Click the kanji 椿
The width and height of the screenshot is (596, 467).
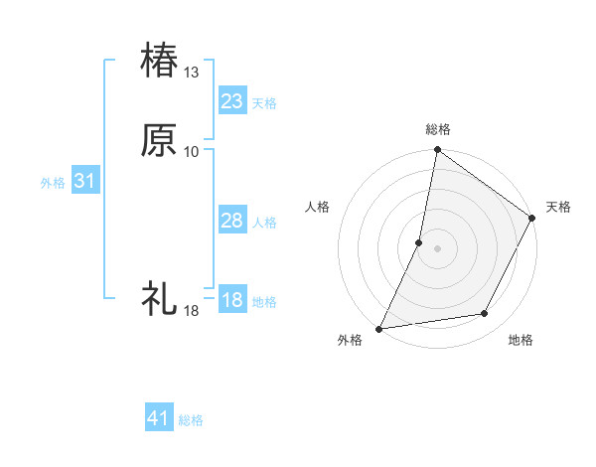pos(160,59)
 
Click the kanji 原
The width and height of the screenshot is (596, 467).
pos(160,139)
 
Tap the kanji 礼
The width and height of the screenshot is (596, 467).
pos(160,297)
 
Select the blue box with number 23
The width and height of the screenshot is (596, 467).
pos(232,100)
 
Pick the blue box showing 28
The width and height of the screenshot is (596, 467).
pos(232,221)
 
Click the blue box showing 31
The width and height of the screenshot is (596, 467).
pos(85,181)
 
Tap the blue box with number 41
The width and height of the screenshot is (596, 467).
pos(159,418)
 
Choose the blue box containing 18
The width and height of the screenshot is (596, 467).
pos(232,300)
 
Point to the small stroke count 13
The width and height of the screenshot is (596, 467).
pos(192,73)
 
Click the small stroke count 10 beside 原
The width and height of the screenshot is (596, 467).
pos(192,151)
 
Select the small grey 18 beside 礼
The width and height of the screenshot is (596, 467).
pos(192,311)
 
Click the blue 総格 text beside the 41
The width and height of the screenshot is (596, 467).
pos(191,420)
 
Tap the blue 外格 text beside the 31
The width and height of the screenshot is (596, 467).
pos(53,183)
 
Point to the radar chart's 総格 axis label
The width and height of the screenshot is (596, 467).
pos(438,129)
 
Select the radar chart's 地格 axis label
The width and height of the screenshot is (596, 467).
pos(521,340)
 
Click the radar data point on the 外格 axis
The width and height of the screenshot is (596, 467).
pos(379,329)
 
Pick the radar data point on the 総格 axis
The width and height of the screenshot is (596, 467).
pos(437,151)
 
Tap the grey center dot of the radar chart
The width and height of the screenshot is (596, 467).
pos(437,248)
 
